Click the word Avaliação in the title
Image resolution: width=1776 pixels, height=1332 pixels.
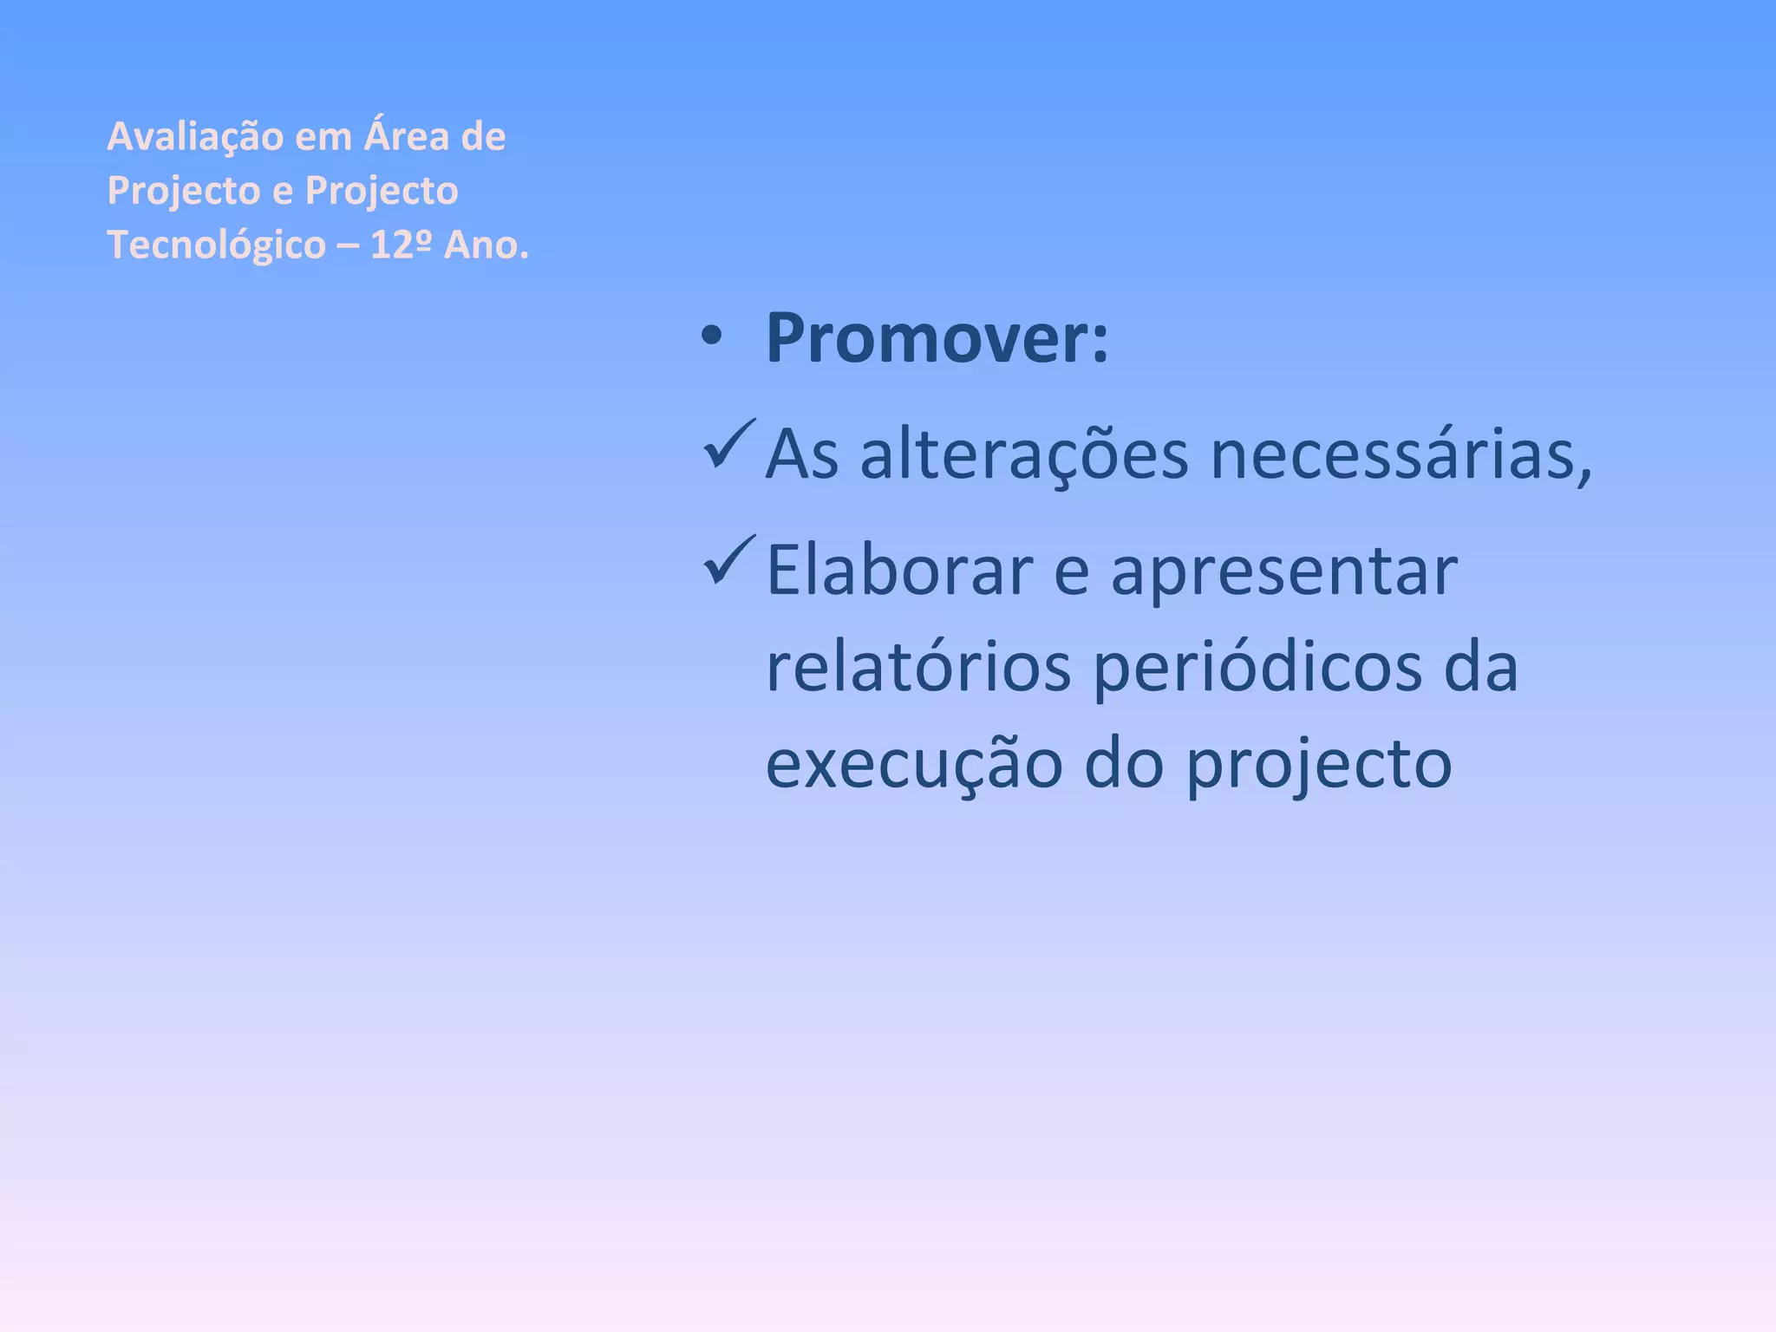point(195,137)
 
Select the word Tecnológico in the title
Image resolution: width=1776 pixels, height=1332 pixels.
point(216,245)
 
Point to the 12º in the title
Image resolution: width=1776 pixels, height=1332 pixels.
point(401,245)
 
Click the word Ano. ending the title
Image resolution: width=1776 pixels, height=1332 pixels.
point(486,245)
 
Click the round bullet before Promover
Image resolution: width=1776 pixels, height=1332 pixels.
point(711,338)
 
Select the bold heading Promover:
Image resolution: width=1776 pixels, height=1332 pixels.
point(937,338)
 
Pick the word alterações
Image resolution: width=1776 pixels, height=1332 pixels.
point(1023,454)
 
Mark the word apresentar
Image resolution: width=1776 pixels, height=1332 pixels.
point(1283,572)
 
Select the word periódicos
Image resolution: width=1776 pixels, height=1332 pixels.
point(1257,669)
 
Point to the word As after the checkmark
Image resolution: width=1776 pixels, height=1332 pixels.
point(802,454)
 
